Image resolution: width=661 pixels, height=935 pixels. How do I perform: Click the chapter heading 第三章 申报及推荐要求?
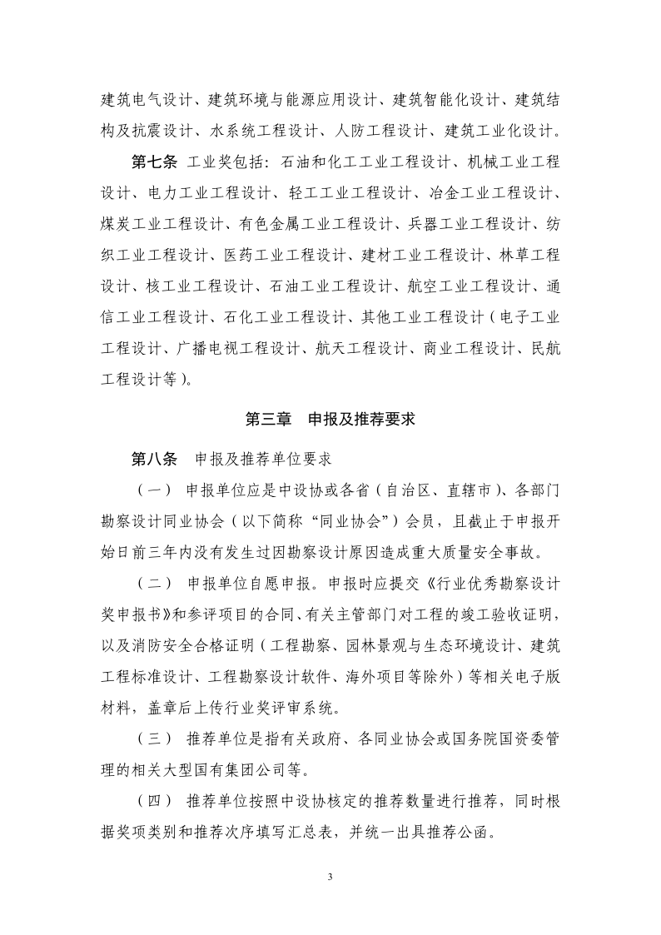click(330, 420)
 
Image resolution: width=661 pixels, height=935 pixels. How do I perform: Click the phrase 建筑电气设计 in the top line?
click(142, 101)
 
